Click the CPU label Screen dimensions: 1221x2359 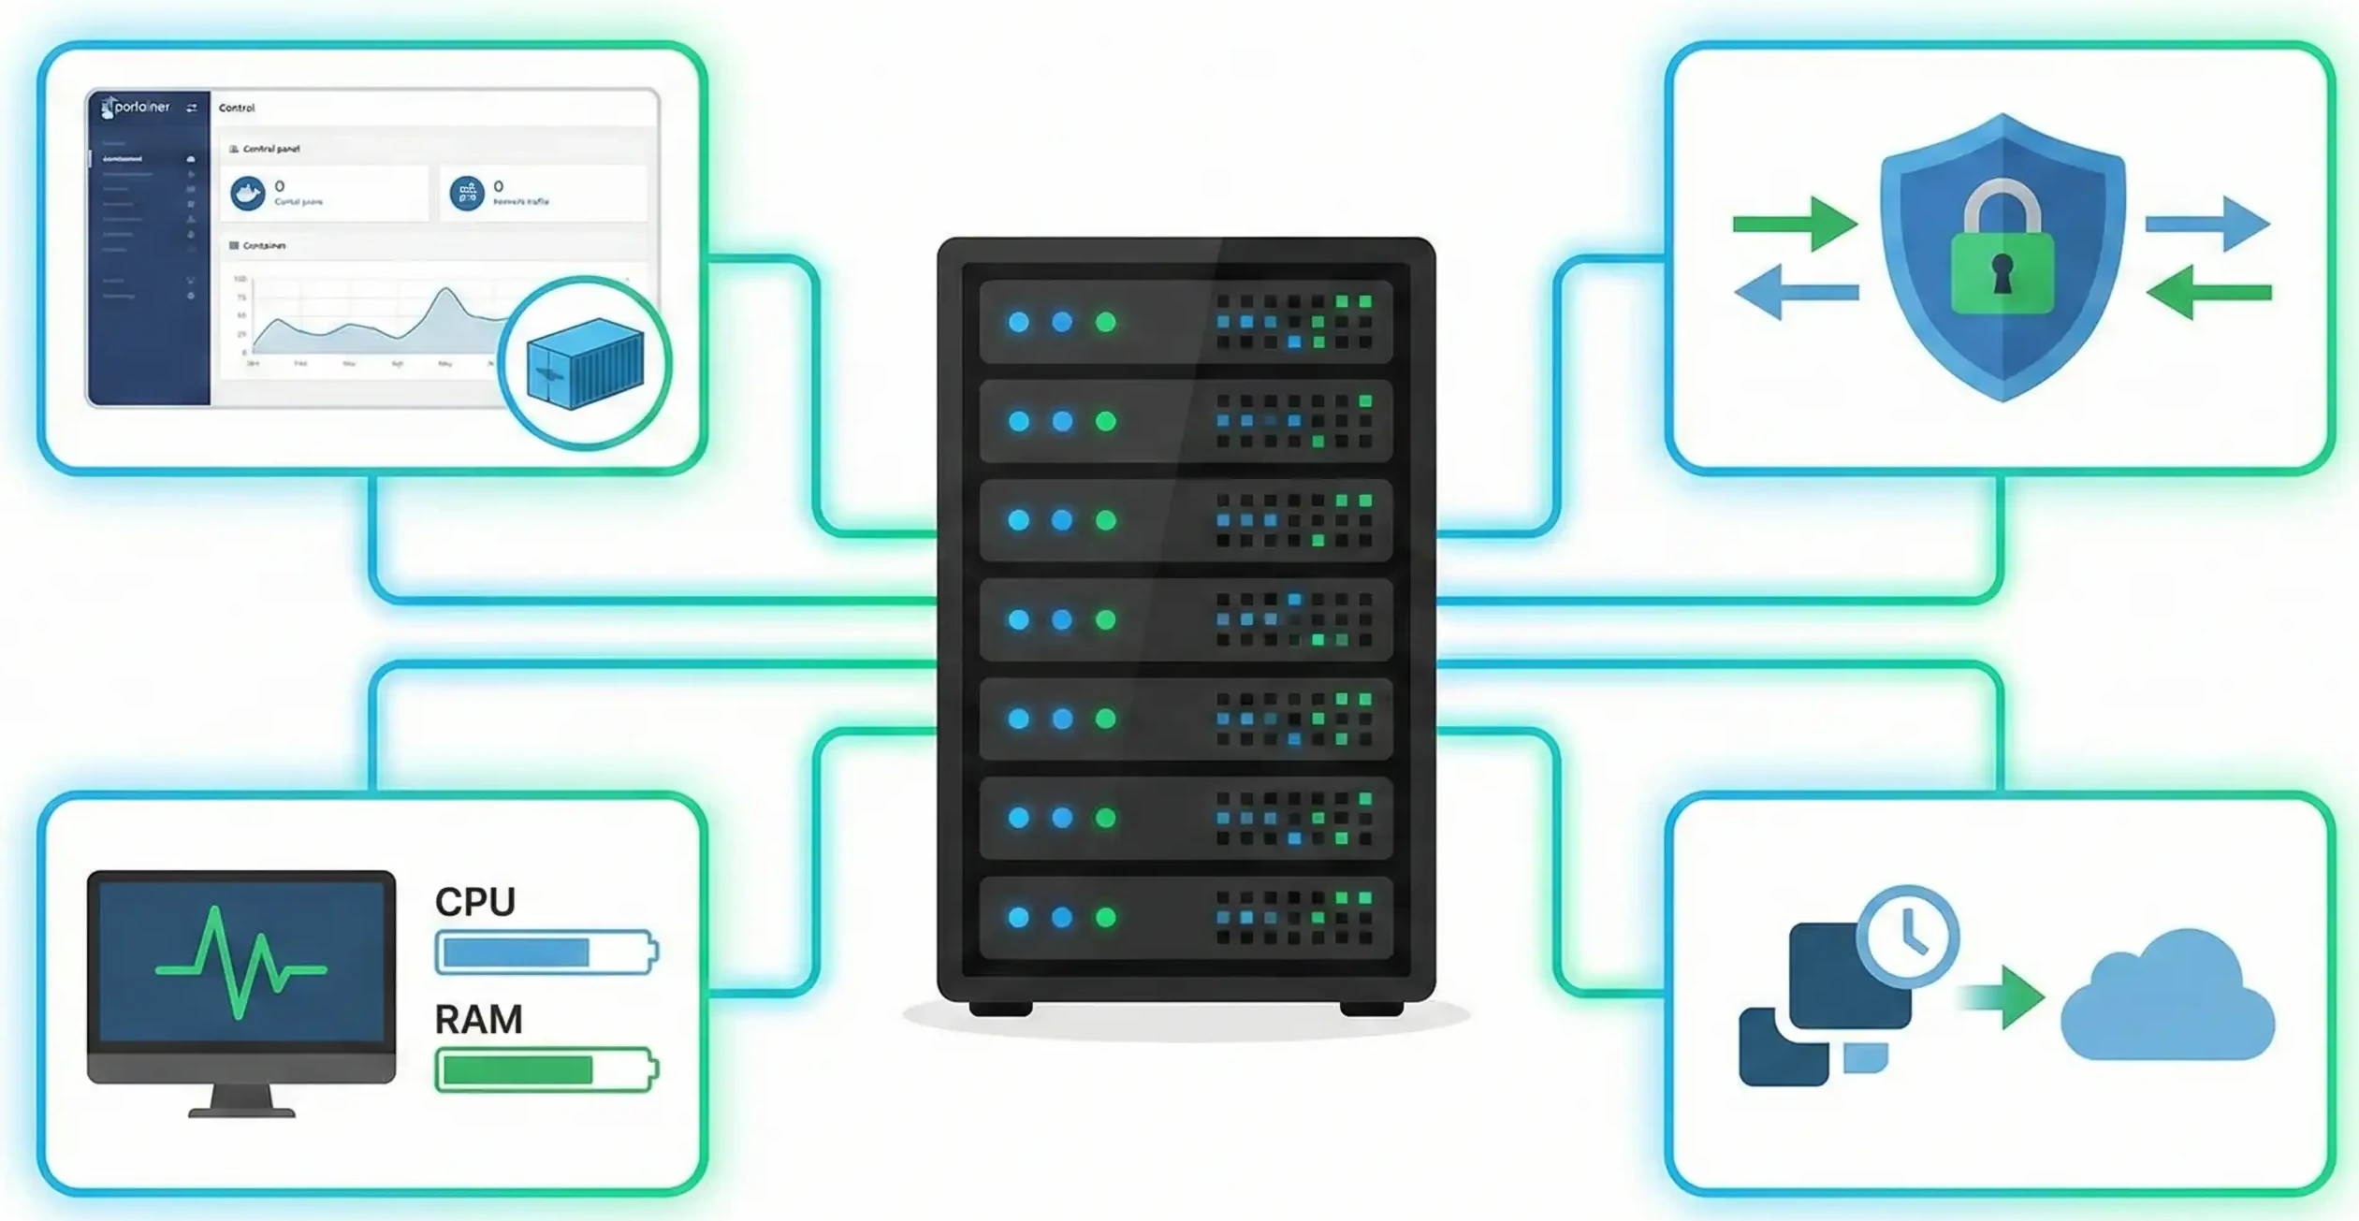(x=474, y=902)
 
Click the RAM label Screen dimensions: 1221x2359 (x=478, y=1020)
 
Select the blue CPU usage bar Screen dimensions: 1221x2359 (x=516, y=952)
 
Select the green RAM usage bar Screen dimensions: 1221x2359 (x=517, y=1070)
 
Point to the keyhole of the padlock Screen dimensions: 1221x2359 (x=2002, y=273)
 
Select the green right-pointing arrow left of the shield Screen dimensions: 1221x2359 (x=1794, y=224)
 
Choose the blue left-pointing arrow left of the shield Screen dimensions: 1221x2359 (x=1795, y=292)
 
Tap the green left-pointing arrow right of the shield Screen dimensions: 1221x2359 (x=2208, y=292)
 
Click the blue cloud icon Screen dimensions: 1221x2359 (x=2166, y=1001)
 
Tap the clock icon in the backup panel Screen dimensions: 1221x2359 (x=1906, y=936)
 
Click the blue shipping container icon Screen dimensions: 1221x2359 (x=585, y=363)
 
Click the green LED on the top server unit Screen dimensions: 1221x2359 (x=1105, y=323)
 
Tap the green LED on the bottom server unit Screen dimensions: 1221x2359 (x=1105, y=918)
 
